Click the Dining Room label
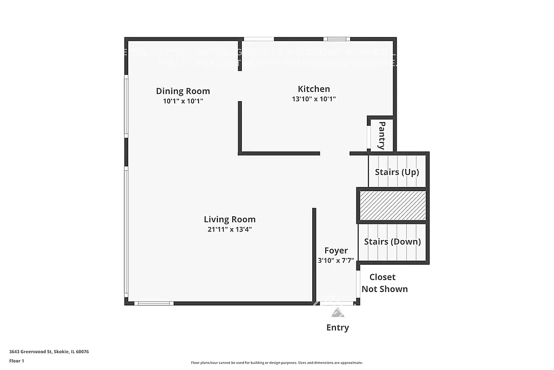click(x=183, y=91)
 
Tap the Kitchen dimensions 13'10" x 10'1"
click(x=314, y=99)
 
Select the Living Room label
click(x=229, y=219)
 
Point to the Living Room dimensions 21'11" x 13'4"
click(x=229, y=229)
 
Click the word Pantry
click(x=381, y=135)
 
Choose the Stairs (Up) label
click(x=397, y=172)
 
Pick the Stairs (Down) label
click(x=392, y=242)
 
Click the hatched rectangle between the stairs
click(x=393, y=205)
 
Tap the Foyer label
click(x=336, y=250)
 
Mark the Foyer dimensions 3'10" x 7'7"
click(x=336, y=261)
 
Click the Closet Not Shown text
click(x=384, y=283)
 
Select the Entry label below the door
click(x=337, y=327)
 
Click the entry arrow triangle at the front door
click(x=337, y=312)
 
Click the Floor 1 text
click(x=17, y=360)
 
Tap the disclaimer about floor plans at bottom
click(x=276, y=362)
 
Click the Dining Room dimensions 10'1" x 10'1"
click(x=183, y=101)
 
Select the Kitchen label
click(x=314, y=89)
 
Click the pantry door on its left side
click(x=368, y=138)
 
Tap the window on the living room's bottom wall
click(x=154, y=303)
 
